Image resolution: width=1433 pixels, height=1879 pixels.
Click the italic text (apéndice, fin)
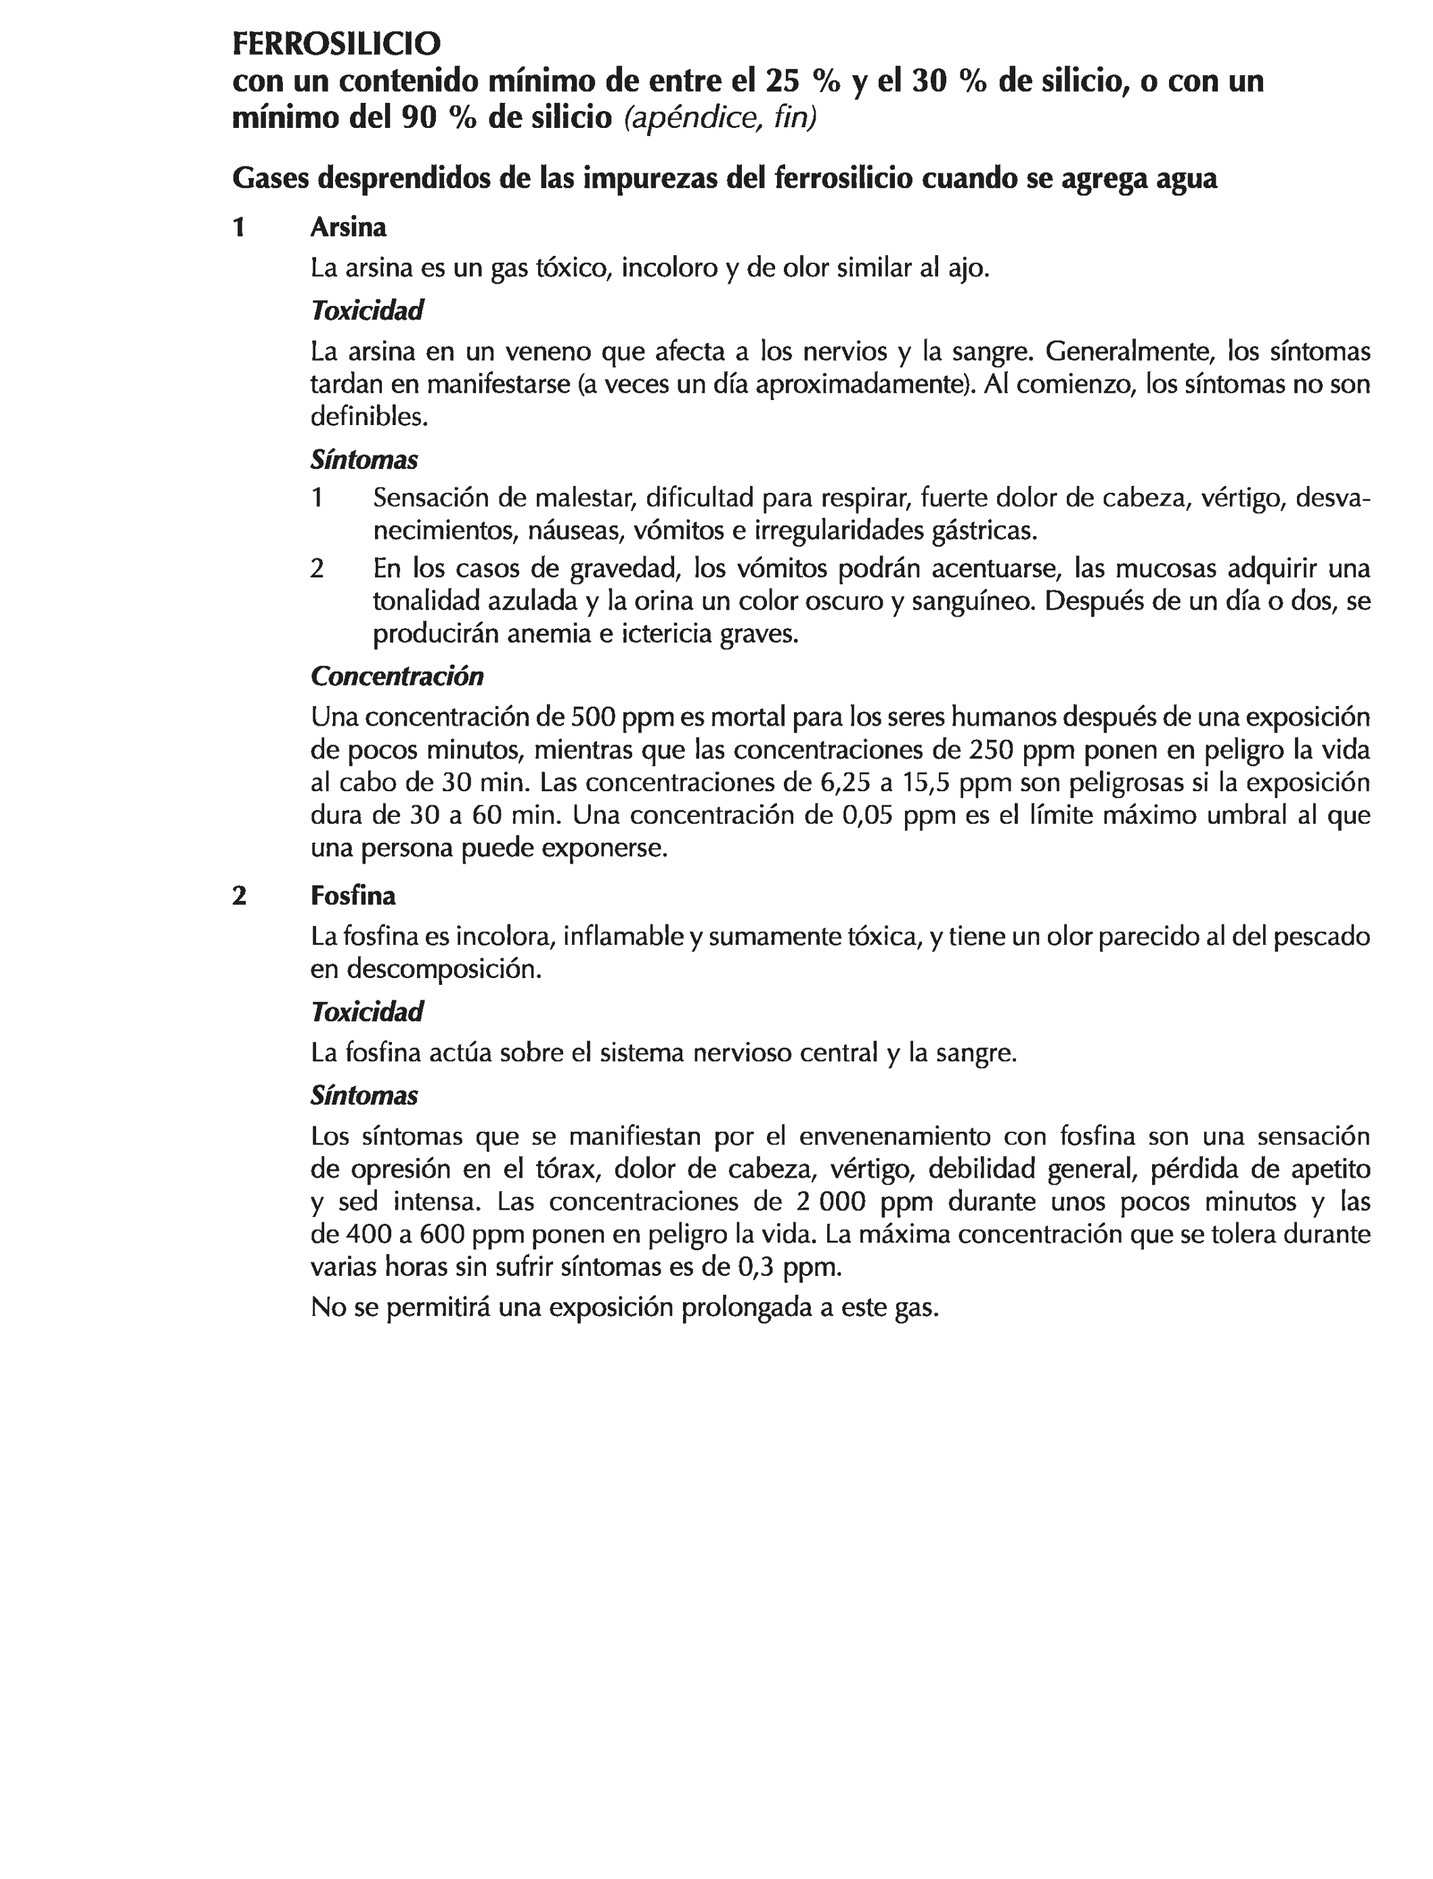tap(720, 118)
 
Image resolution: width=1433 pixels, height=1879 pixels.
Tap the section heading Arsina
tap(348, 227)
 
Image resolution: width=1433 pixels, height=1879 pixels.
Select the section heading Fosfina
tap(353, 896)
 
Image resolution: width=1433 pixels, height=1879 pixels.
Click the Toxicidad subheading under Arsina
tap(367, 311)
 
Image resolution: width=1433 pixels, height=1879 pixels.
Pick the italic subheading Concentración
tap(397, 676)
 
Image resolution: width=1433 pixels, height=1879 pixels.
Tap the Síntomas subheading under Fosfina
tap(364, 1095)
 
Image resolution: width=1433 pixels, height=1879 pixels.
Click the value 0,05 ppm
tap(898, 816)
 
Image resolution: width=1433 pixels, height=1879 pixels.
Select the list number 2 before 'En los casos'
tap(317, 568)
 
